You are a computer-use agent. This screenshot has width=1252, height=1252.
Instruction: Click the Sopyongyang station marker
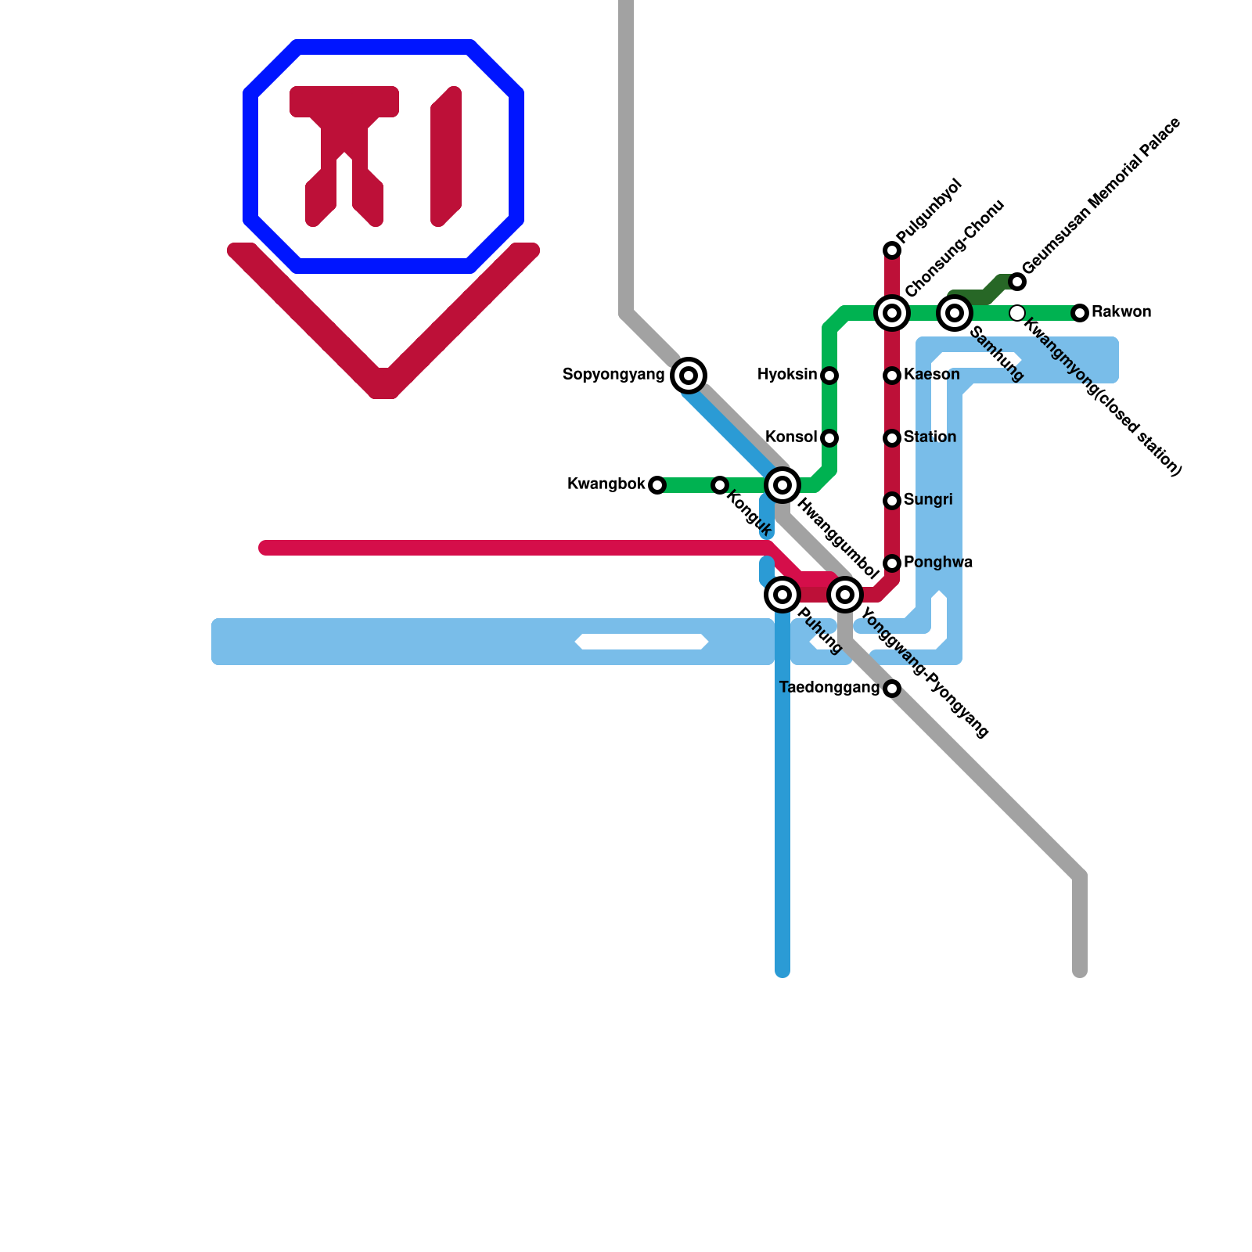pyautogui.click(x=689, y=376)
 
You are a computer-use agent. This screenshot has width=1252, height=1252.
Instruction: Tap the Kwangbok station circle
pyautogui.click(x=657, y=485)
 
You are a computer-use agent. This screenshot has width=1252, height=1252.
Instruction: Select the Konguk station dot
pyautogui.click(x=720, y=485)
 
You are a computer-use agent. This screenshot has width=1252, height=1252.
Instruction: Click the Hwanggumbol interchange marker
pyautogui.click(x=782, y=485)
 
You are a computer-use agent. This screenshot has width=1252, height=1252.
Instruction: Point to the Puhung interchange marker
pyautogui.click(x=782, y=595)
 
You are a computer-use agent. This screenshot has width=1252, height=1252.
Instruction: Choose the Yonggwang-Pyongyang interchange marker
pyautogui.click(x=845, y=595)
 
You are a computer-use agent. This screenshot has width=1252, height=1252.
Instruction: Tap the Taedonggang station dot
pyautogui.click(x=892, y=689)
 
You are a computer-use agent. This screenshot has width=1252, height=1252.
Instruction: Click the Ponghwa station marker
pyautogui.click(x=892, y=563)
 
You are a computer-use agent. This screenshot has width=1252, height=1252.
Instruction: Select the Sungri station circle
pyautogui.click(x=892, y=501)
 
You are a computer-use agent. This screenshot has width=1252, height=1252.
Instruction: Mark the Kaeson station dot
pyautogui.click(x=892, y=376)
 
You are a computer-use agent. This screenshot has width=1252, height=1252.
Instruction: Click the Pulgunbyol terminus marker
pyautogui.click(x=892, y=250)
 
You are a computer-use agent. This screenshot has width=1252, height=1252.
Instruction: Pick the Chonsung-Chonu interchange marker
pyautogui.click(x=892, y=313)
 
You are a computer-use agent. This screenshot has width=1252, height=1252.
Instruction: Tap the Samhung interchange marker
pyautogui.click(x=955, y=313)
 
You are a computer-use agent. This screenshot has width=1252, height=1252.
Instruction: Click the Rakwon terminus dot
pyautogui.click(x=1080, y=313)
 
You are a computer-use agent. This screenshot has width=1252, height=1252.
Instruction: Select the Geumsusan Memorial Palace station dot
pyautogui.click(x=1017, y=282)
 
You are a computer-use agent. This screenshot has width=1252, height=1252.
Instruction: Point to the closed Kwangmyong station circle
pyautogui.click(x=1017, y=313)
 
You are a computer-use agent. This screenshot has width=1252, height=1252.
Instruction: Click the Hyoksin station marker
pyautogui.click(x=829, y=376)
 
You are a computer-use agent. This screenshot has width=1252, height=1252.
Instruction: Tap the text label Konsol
pyautogui.click(x=790, y=437)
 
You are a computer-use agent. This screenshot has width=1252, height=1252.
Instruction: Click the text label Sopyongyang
pyautogui.click(x=613, y=375)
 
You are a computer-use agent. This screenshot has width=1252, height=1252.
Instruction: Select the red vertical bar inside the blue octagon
pyautogui.click(x=446, y=156)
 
